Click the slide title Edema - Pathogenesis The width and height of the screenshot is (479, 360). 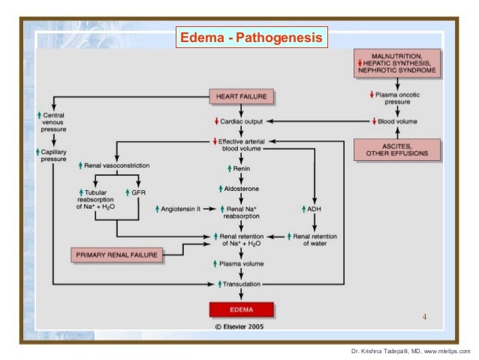pyautogui.click(x=250, y=37)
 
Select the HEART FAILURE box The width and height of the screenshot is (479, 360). pyautogui.click(x=243, y=97)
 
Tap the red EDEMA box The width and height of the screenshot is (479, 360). pyautogui.click(x=241, y=309)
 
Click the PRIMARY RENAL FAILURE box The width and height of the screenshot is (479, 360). pyautogui.click(x=117, y=256)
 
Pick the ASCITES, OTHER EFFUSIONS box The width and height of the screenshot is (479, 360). pyautogui.click(x=396, y=149)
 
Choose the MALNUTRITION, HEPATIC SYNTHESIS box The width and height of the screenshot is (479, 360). pyautogui.click(x=396, y=66)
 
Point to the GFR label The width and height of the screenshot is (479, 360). pyautogui.click(x=138, y=193)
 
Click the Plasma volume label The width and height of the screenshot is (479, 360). pyautogui.click(x=242, y=265)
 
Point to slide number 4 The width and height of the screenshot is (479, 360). pyautogui.click(x=424, y=316)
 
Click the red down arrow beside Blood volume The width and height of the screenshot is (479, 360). pyautogui.click(x=374, y=122)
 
